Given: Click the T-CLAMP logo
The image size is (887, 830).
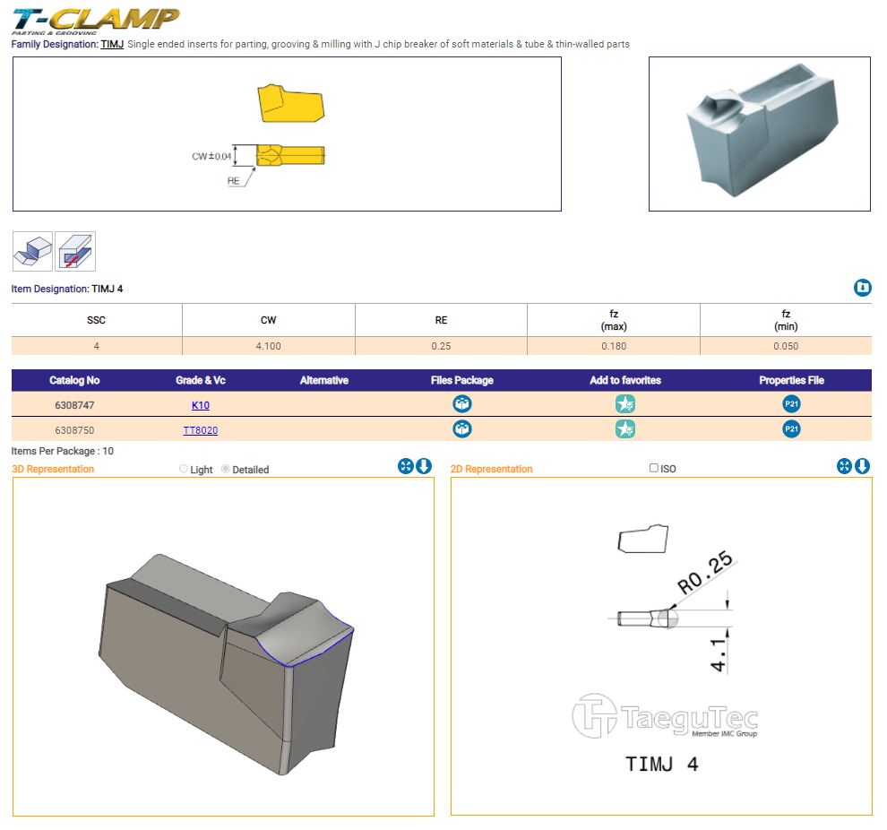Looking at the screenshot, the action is coord(95,21).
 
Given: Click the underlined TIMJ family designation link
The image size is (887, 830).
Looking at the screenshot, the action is coord(112,44).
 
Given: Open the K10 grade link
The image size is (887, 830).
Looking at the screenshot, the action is coord(201,405).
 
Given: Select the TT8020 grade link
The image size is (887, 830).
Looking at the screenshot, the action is coord(201,430).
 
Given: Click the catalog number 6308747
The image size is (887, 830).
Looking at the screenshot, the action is coord(74,405).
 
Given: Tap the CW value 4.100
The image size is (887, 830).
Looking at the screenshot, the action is coord(268,346).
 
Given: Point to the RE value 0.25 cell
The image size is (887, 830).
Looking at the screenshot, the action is coord(441,346).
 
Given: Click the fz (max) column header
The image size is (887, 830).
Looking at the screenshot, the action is coord(614,320).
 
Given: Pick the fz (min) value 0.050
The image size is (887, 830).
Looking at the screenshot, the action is coord(786,346).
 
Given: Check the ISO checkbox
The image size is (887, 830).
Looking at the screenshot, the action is coord(654,468).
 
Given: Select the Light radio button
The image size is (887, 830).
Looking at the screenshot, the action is coord(184,469).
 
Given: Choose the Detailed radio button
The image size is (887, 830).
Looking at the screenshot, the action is coord(226,469).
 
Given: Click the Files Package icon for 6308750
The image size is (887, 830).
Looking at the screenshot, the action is coord(462,428).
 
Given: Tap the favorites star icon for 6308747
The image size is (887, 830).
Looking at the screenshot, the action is coord(625,404).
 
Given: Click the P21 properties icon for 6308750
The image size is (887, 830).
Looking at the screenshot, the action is coord(791,428).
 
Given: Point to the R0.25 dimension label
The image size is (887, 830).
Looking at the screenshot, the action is coord(705,572).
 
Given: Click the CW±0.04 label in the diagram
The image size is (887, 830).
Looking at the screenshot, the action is coord(211,156).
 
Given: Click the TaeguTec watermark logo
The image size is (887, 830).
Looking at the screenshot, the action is coord(665,716).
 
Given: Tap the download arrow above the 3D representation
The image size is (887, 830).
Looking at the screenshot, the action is coord(424,465).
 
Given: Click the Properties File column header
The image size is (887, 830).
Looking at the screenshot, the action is coord(791,380).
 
